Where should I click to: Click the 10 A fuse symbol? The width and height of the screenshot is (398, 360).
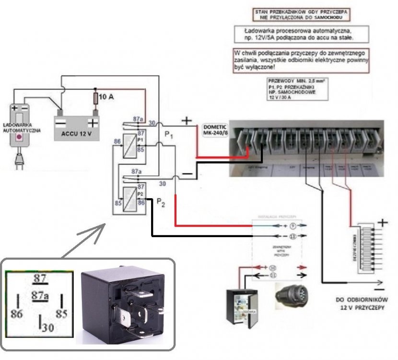click(x=96, y=98)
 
